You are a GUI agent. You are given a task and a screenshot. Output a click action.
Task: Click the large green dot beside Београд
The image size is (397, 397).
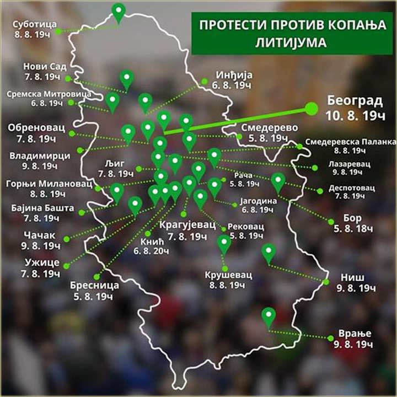click(x=312, y=108)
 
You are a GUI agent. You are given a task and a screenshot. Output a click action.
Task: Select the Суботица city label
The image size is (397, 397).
click(x=34, y=24)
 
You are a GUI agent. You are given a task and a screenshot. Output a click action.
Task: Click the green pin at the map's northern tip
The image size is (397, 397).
click(x=118, y=10)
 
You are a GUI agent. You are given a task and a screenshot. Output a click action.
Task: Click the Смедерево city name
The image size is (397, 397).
click(x=263, y=127)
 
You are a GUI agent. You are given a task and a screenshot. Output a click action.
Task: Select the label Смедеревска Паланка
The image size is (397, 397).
click(x=350, y=140)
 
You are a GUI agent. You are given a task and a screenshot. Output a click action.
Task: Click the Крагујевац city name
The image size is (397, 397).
click(x=184, y=226)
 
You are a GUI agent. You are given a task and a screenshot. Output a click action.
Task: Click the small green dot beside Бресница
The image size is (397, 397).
click(x=97, y=276)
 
